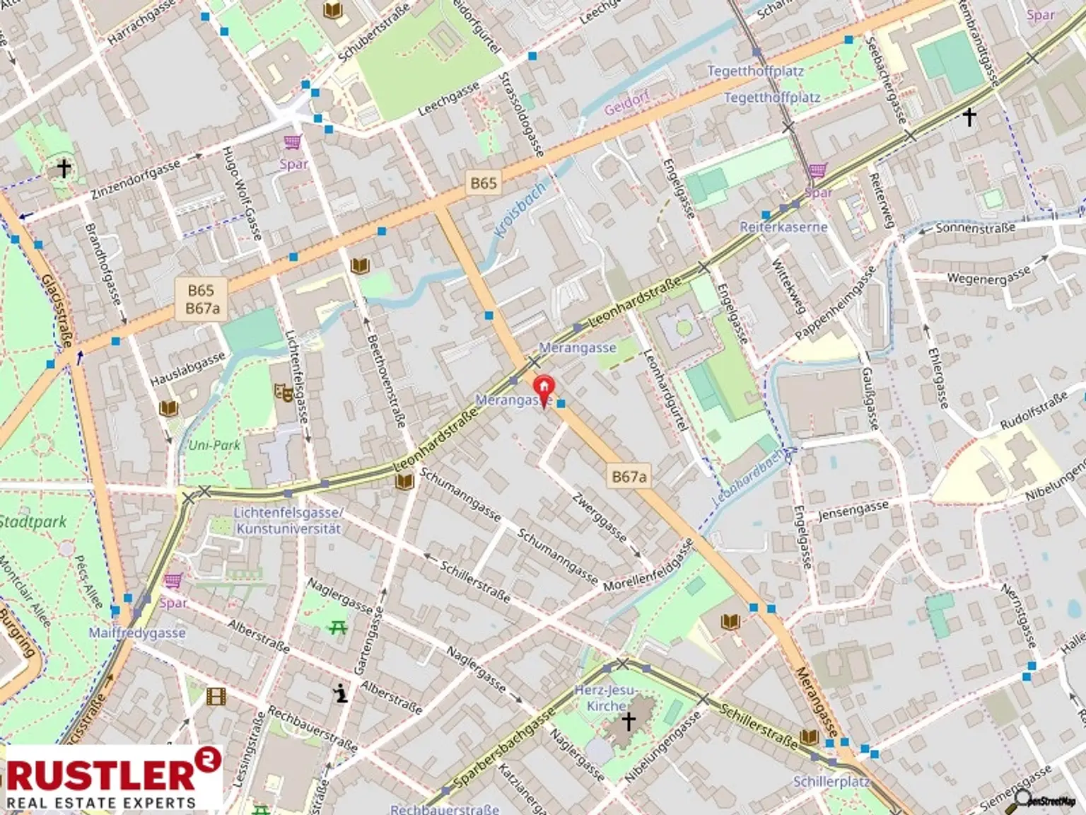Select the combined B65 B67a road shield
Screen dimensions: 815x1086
(202, 299)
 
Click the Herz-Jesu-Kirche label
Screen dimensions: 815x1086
(606, 698)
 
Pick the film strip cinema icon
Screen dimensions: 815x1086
(216, 697)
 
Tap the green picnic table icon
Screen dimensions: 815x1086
(337, 626)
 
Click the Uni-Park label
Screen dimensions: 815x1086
(214, 445)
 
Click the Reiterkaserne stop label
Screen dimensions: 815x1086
(783, 227)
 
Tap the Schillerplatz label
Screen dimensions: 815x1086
(831, 782)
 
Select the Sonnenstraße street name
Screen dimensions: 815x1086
(975, 229)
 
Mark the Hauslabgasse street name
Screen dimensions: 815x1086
(187, 369)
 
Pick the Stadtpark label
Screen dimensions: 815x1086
(31, 522)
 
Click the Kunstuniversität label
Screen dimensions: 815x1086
(288, 528)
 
